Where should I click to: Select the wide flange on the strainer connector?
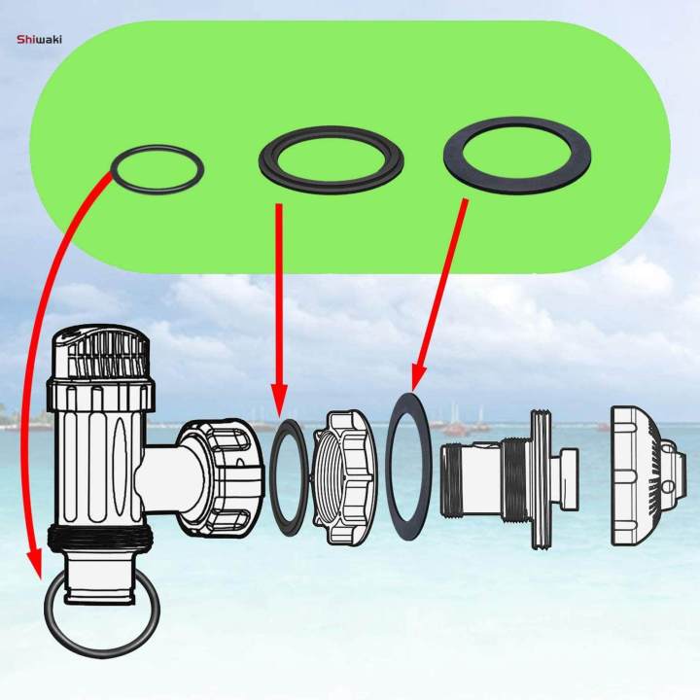coord(541,476)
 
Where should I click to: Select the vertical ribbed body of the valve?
coord(97,457)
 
